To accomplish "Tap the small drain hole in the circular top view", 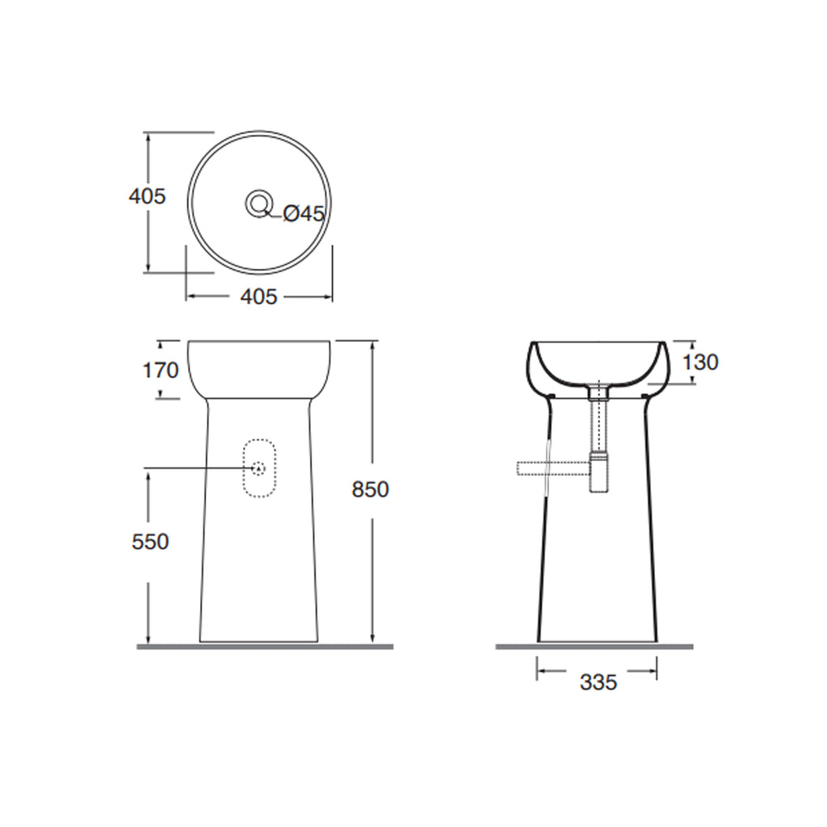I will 259,202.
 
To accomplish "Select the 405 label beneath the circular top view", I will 258,297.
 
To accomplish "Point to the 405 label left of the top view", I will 148,196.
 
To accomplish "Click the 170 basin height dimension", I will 159,370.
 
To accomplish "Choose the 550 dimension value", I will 150,542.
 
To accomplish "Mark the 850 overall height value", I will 371,489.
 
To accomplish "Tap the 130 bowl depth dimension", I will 699,363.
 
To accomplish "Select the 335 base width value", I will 598,683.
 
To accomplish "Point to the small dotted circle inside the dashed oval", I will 258,468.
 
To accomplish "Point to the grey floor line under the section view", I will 594,647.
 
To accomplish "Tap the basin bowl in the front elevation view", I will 259,368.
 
